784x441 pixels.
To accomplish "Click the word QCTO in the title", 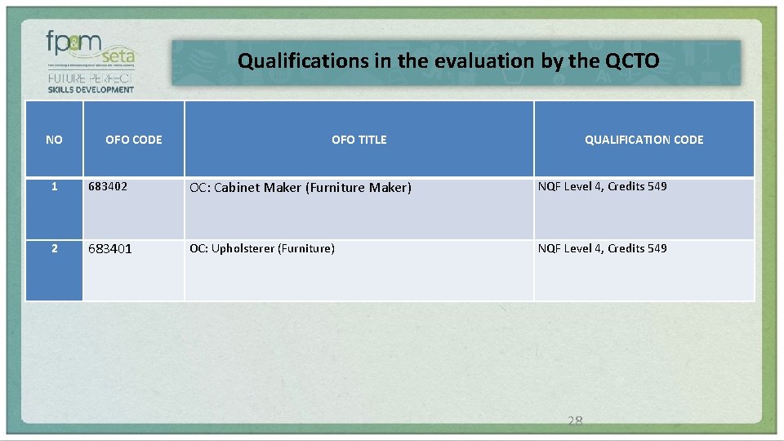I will point(632,60).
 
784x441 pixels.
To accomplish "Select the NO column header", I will point(54,140).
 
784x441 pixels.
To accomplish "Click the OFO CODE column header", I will point(134,140).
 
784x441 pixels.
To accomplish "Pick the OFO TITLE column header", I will point(359,140).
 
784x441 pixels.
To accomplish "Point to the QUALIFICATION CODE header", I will point(644,140).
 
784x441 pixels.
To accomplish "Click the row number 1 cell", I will point(54,186).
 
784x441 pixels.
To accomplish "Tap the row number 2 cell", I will point(54,248).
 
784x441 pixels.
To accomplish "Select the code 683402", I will point(108,186).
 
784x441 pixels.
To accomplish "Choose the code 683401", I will point(110,248).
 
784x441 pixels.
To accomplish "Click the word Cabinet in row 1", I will point(237,187).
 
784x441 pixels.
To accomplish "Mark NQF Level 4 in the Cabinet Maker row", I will point(569,186).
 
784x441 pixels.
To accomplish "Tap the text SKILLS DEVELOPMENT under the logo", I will point(91,89).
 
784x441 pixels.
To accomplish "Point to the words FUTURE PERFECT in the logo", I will point(91,78).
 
